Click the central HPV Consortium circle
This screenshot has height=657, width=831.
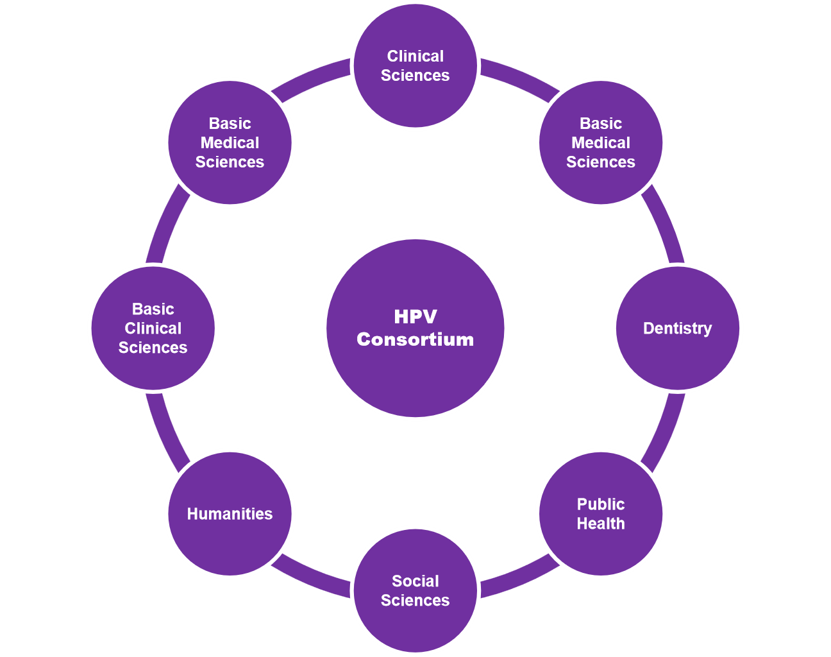pos(415,372)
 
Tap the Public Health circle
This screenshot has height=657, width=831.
pos(601,545)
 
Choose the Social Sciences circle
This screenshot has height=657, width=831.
pos(415,622)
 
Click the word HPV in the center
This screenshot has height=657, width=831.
pos(415,316)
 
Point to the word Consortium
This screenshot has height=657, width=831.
pos(415,339)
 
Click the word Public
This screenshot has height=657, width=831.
pos(601,504)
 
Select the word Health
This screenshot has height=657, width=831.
pos(601,524)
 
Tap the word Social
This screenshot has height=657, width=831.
pos(415,581)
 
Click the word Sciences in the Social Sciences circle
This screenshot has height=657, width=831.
pos(415,601)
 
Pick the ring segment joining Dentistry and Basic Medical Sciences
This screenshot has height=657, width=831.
pos(666,228)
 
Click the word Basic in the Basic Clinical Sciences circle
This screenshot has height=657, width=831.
pos(153,309)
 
